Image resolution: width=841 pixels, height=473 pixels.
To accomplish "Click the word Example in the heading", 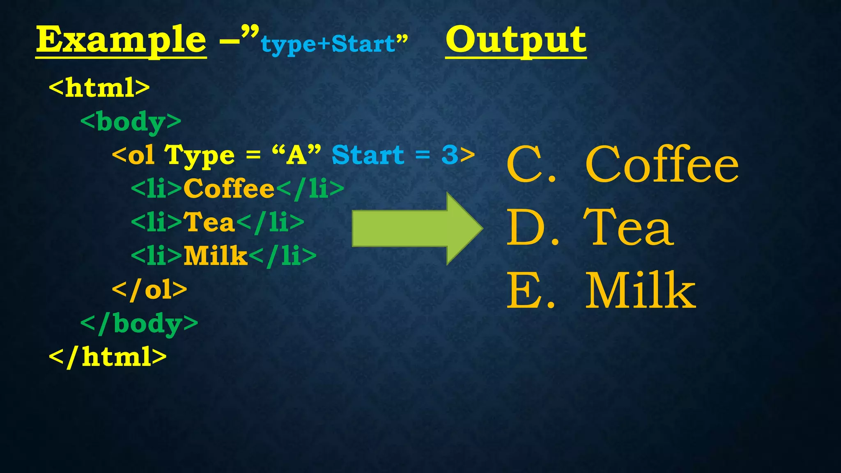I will (x=121, y=40).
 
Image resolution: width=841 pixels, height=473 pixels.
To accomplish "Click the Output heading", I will (x=516, y=40).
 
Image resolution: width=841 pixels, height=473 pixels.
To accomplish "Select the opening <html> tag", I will (x=99, y=87).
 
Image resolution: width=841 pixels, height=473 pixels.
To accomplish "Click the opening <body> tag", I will (x=131, y=122).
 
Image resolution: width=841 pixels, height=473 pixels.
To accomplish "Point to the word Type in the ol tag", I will (x=200, y=156).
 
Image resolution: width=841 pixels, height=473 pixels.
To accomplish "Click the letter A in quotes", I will (x=296, y=155).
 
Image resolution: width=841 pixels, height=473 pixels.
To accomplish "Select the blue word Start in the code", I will (x=368, y=155).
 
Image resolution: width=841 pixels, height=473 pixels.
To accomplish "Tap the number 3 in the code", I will (x=450, y=155).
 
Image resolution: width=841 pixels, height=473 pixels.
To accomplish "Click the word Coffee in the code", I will (x=229, y=189).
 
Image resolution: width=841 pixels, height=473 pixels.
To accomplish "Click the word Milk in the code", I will (x=215, y=256).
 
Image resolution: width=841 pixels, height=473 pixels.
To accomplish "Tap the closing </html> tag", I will (x=108, y=357).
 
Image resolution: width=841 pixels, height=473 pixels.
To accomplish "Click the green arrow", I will (x=417, y=228).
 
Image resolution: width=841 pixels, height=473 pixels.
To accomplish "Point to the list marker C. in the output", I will (x=531, y=165).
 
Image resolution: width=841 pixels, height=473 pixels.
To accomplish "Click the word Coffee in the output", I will (x=662, y=165).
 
